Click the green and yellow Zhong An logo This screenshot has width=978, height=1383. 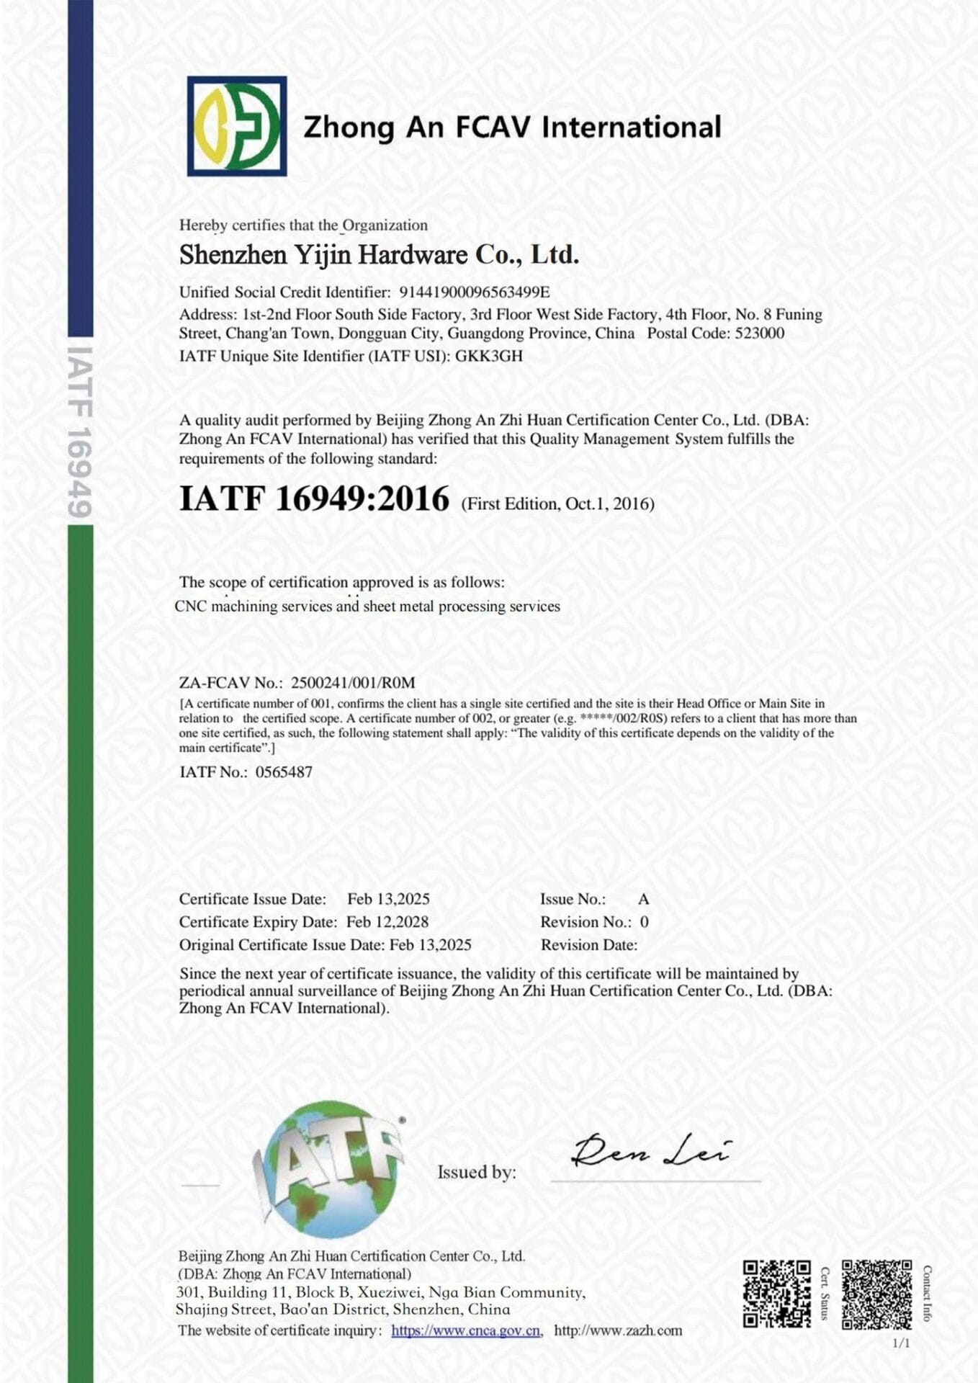[237, 126]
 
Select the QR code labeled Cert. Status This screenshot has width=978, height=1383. [777, 1294]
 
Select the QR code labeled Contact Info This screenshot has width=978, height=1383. [876, 1294]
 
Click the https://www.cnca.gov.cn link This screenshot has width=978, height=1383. [466, 1330]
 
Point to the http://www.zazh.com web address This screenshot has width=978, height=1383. [618, 1330]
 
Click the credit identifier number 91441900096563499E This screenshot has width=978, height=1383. [474, 292]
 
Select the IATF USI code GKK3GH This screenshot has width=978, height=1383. [489, 356]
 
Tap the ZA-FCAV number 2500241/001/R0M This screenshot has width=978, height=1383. [353, 682]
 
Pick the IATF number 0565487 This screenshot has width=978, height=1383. [284, 772]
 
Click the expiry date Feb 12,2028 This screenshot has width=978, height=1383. [387, 922]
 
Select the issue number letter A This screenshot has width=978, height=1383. [643, 899]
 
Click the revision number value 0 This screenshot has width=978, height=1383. [645, 922]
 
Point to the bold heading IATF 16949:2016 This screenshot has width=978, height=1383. [314, 498]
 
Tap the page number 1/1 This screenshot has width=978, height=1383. [901, 1343]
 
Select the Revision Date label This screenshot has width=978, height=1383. [589, 945]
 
